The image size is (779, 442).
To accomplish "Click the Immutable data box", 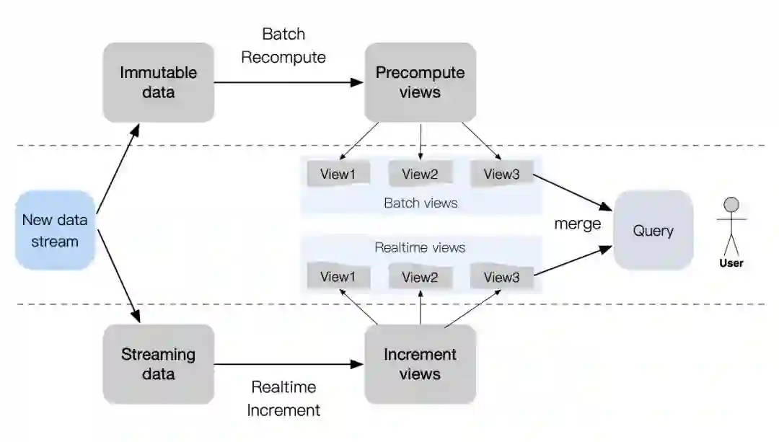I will coord(158,82).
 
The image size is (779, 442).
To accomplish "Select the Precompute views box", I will coord(420,82).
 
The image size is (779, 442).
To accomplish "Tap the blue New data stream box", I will coord(55,231).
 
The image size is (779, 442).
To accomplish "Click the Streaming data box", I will coord(158,364).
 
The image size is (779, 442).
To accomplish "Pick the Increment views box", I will coord(420,364).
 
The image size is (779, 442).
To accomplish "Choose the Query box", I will coord(653,231).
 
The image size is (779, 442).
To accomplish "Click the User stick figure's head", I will coord(732,204).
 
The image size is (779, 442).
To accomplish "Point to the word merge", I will coord(577,224).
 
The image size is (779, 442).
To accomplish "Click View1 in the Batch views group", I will coord(338,174).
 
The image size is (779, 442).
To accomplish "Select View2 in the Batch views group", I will coord(420,174).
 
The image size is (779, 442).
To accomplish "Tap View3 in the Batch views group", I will coord(502,174).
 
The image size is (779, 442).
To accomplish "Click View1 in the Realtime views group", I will coord(338,277).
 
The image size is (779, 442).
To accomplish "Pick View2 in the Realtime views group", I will coord(420,277).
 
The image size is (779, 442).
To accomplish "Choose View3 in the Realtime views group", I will coord(502,277).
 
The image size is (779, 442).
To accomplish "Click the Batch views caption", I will coord(421,203).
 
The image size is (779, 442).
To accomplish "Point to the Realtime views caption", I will coord(420,248).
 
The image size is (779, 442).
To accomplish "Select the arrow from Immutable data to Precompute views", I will coord(289,82).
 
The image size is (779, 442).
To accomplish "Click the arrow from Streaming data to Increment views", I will coord(289,364).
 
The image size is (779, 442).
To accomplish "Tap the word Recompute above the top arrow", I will coord(283,57).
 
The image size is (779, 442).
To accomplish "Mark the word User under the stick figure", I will coord(731,263).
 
